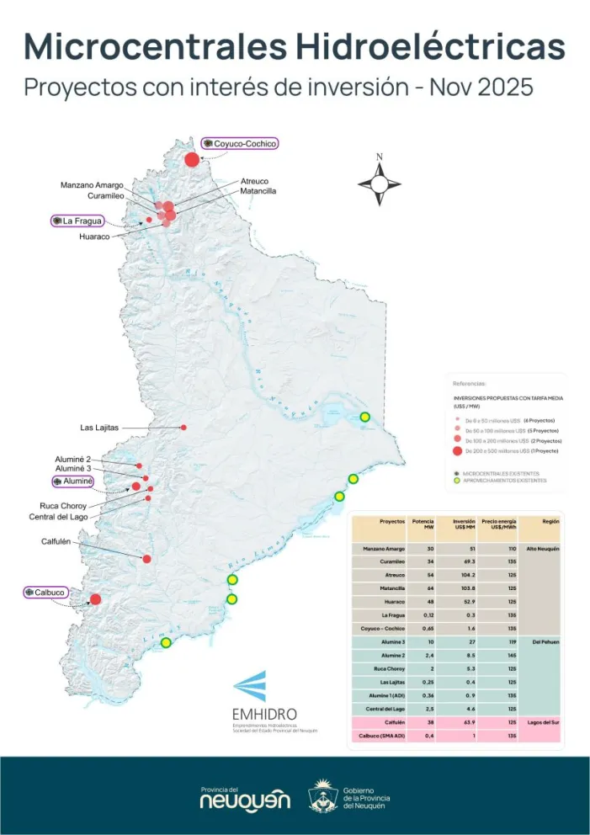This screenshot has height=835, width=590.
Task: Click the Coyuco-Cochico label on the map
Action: (245, 144)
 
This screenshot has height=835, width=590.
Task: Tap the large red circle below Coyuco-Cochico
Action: (192, 159)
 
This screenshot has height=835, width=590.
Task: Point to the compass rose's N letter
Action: (380, 157)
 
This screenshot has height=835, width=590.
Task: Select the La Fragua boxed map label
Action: (82, 221)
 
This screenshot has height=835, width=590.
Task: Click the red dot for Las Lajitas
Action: (183, 428)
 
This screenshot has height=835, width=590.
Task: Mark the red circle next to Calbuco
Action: (95, 599)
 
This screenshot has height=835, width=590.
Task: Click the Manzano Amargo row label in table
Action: (381, 549)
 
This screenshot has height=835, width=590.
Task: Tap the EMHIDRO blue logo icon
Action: (250, 686)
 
